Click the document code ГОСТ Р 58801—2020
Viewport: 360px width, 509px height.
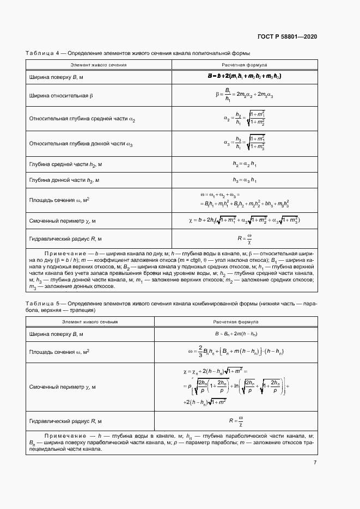(x=287, y=36)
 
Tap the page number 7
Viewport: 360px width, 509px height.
(x=315, y=462)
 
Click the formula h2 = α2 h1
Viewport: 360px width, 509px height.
(x=244, y=164)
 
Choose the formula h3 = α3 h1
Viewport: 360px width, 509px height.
(x=244, y=180)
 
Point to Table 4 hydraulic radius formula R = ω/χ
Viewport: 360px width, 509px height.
(x=244, y=238)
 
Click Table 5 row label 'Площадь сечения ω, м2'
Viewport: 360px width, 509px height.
(x=59, y=351)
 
